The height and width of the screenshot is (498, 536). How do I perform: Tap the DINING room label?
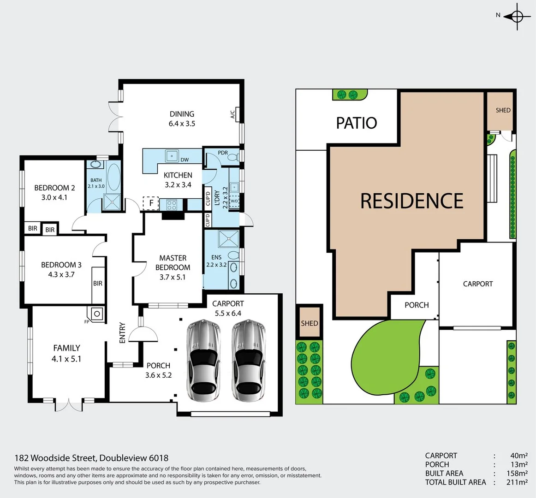pos(182,114)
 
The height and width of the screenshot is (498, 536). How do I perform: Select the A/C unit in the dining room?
pos(233,114)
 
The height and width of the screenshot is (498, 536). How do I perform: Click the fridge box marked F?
pos(151,203)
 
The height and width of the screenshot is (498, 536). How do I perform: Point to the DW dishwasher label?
pos(185,160)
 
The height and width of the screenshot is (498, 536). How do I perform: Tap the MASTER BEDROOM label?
pos(173,262)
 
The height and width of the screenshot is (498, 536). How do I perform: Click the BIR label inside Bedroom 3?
pos(98,283)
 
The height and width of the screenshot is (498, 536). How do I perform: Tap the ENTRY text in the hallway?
pos(122,332)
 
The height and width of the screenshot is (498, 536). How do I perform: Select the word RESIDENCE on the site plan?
pos(411,201)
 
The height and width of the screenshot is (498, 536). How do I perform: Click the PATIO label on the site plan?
pos(356,123)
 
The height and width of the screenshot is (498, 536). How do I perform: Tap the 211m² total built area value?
pos(517,482)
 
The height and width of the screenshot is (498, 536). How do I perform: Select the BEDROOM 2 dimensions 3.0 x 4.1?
pos(54,197)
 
